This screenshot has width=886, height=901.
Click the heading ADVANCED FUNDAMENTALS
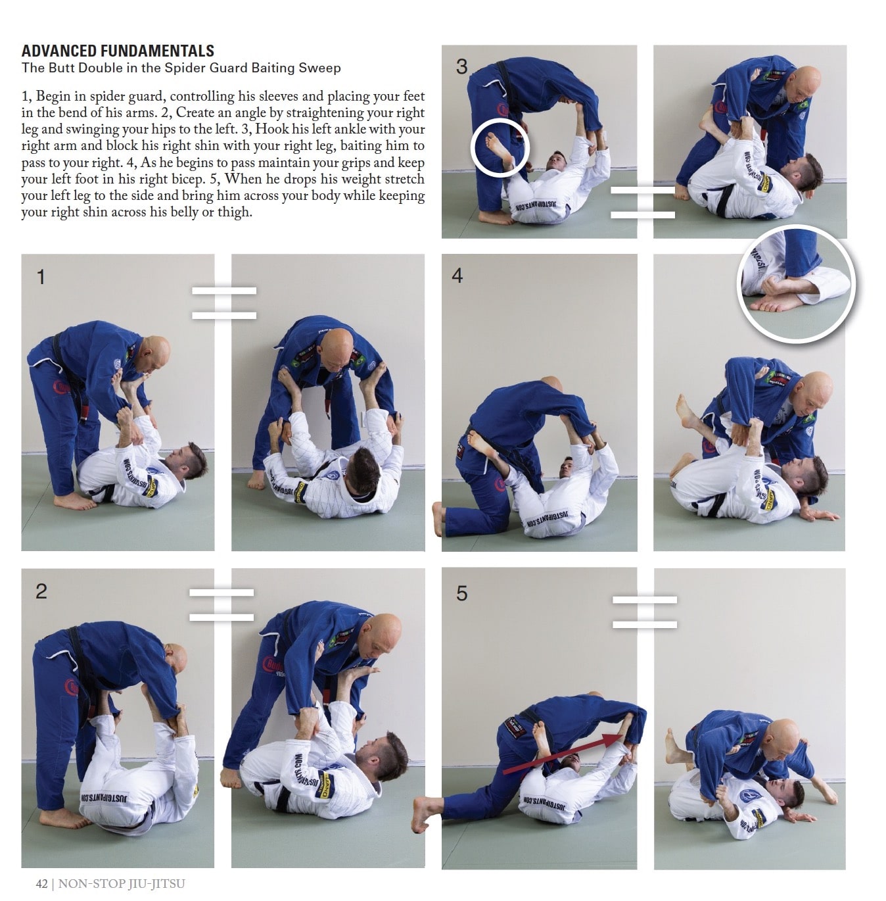click(x=118, y=51)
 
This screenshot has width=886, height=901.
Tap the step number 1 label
click(x=41, y=277)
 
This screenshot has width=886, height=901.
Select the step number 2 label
click(x=41, y=591)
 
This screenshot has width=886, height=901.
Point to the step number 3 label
click(x=461, y=66)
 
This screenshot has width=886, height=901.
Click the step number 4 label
click(x=457, y=276)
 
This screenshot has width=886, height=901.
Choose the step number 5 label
click(x=461, y=594)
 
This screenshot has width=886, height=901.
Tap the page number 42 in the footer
click(x=42, y=884)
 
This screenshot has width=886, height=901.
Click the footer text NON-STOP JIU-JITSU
click(x=122, y=884)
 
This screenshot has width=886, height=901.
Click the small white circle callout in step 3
click(x=500, y=146)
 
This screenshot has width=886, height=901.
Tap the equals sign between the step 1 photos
click(x=224, y=303)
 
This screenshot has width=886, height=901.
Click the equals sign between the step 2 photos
click(x=221, y=605)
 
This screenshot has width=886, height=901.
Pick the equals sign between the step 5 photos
click(x=645, y=612)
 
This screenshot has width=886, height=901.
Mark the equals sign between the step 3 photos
click(x=643, y=203)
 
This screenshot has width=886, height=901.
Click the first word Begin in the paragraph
click(x=54, y=97)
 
